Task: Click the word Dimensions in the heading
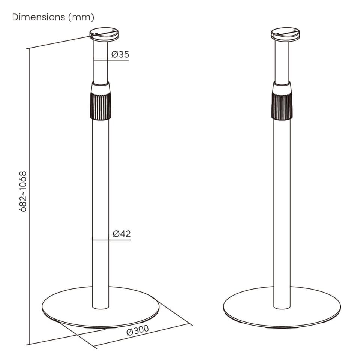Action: pos(39,17)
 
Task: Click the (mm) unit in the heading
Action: pos(81,17)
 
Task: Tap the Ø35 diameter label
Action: pos(120,54)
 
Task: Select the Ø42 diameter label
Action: pos(121,234)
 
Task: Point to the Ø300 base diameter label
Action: pos(138,330)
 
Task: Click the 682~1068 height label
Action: pos(23,192)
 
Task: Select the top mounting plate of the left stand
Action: pos(104,34)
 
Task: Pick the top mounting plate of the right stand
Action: pos(285,34)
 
